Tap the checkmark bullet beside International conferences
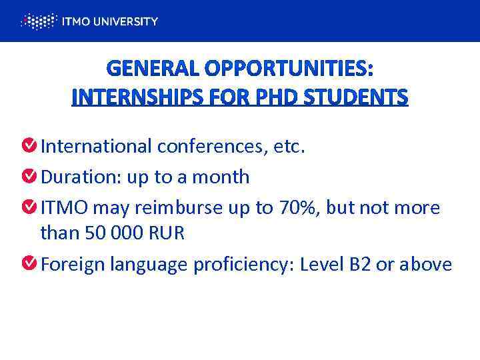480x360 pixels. pos(29,145)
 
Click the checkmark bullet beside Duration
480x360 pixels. pos(29,177)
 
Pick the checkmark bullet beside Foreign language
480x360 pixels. pos(29,264)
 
